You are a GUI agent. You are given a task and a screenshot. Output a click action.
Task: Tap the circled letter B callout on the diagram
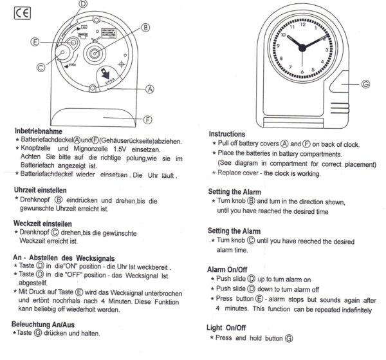pos(145,28)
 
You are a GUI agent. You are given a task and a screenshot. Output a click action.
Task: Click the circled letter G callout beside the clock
pos(365,84)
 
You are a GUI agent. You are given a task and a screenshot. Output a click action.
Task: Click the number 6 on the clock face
pos(304,70)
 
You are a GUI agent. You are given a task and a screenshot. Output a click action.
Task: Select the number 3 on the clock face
pos(326,49)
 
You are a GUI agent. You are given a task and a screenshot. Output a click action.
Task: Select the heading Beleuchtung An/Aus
pos(49,323)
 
